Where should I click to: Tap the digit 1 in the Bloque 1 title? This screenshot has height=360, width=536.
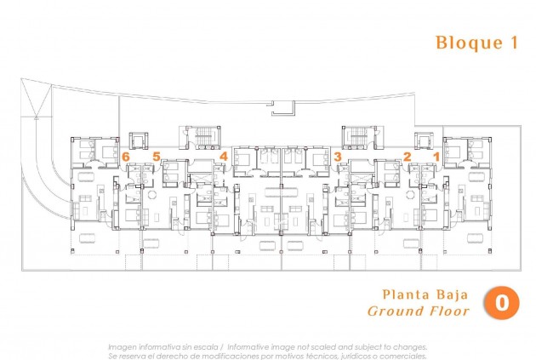tap(513, 43)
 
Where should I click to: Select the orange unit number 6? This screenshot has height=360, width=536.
tap(126, 157)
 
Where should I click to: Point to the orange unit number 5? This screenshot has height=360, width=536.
tap(156, 157)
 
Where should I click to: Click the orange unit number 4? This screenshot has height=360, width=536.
tap(223, 157)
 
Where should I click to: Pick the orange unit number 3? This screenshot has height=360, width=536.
tap(338, 157)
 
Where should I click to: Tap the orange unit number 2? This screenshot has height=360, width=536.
tap(407, 157)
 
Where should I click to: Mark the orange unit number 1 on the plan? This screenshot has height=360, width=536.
tap(436, 157)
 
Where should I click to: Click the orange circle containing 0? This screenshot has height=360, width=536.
tap(502, 302)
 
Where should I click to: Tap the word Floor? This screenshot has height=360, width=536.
tap(450, 311)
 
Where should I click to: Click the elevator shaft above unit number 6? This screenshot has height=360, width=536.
tap(137, 140)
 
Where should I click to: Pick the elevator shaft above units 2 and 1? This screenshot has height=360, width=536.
tap(423, 140)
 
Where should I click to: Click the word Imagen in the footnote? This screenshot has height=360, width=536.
tap(124, 347)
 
